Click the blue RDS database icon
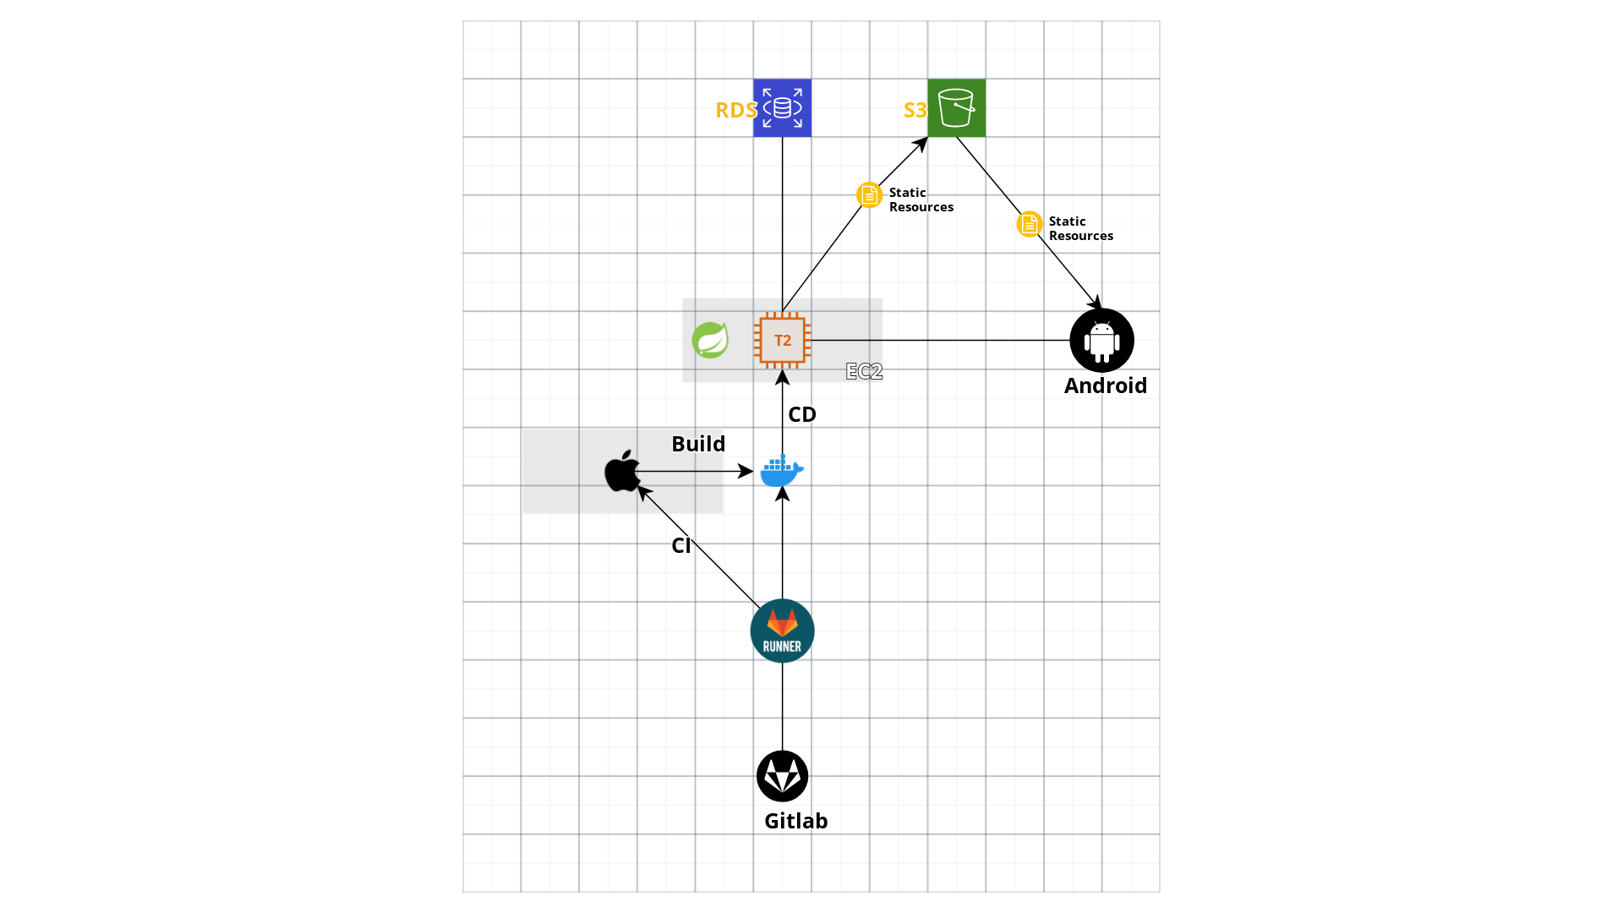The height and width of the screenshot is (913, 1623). click(782, 107)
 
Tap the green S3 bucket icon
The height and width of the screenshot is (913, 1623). click(956, 107)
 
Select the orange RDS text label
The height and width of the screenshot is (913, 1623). click(735, 110)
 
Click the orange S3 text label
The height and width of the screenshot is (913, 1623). click(915, 110)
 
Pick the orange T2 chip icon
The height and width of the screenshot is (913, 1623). click(782, 340)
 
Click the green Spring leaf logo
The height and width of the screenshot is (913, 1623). click(710, 340)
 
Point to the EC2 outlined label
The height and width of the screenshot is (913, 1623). click(864, 371)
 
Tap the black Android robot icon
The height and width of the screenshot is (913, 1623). click(1101, 340)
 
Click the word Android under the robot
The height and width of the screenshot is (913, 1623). click(1105, 385)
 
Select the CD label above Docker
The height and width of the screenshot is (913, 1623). click(801, 414)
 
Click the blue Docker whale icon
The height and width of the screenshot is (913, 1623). click(782, 471)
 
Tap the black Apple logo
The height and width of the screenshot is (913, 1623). click(622, 471)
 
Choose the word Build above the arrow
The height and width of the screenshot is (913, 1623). click(698, 444)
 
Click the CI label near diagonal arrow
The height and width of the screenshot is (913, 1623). click(681, 545)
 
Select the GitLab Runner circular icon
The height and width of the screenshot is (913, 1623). click(782, 631)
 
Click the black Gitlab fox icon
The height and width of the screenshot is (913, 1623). click(782, 776)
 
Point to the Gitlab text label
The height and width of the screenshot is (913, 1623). click(795, 821)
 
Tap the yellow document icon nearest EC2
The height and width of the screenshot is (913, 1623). click(869, 194)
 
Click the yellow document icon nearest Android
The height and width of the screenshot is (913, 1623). click(1029, 224)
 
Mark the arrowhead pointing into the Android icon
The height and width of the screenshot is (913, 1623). click(1096, 303)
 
